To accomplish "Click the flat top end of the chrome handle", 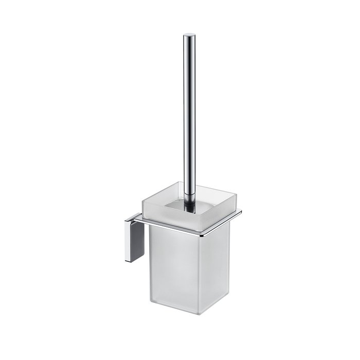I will (x=188, y=34).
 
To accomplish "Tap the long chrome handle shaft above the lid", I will (x=189, y=103).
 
